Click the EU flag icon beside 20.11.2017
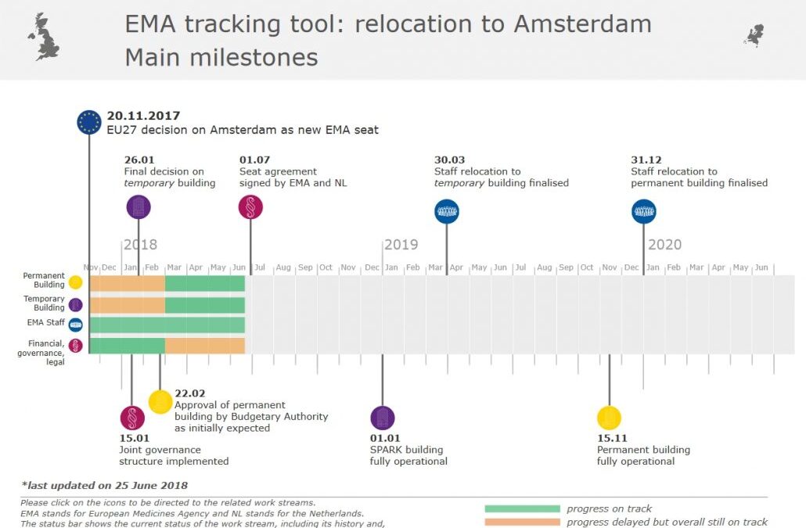89,122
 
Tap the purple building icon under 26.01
139,207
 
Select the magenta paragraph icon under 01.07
250,207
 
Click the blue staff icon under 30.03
447,211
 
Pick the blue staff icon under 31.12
644,211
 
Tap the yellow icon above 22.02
160,402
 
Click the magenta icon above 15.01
132,418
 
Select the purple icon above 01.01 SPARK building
383,418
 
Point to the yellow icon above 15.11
609,418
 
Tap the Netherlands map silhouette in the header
754,35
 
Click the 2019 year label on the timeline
401,245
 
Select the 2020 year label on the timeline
664,245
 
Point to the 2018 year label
140,245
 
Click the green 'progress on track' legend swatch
522,509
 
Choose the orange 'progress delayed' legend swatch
522,522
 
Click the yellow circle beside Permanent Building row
76,283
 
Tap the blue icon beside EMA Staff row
76,325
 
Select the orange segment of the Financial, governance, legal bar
205,345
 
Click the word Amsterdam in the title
582,23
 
